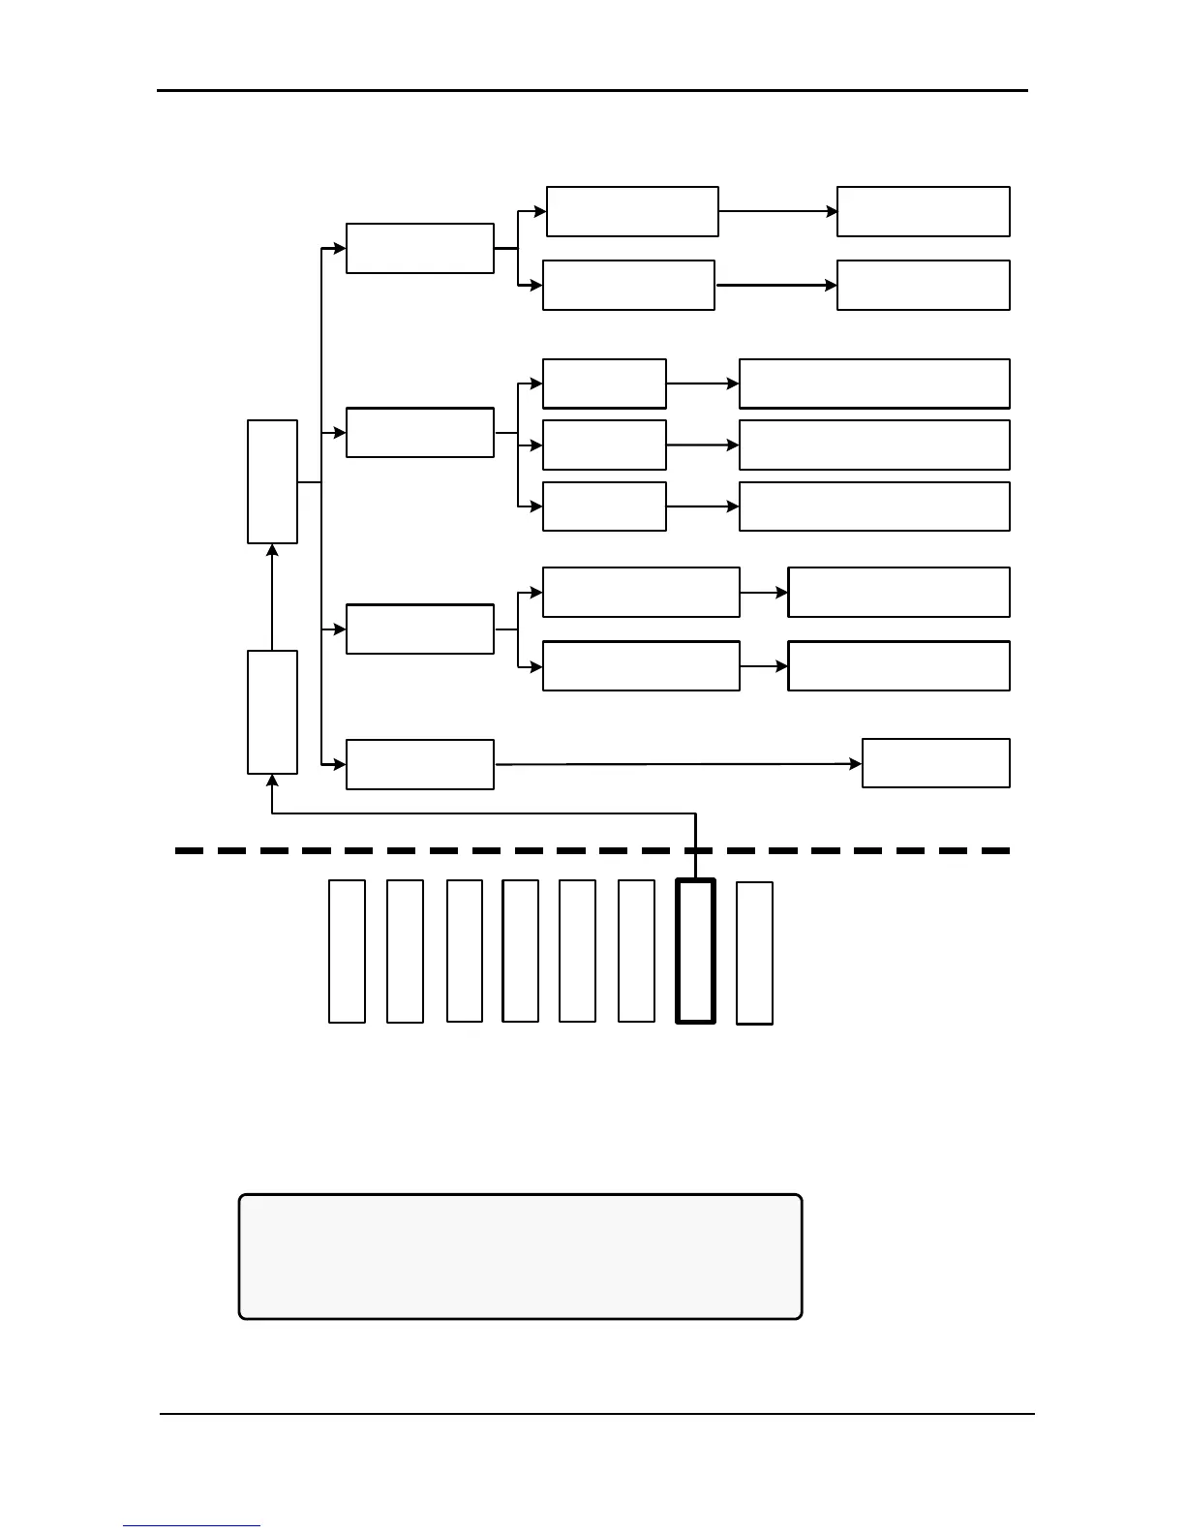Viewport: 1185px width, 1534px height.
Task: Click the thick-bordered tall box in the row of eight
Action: (x=695, y=951)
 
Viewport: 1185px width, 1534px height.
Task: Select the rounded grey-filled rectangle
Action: (x=521, y=1256)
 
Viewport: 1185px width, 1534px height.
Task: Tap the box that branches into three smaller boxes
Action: (x=420, y=433)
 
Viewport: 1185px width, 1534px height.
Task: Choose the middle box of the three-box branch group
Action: (x=604, y=445)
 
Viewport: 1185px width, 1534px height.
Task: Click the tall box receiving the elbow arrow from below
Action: (x=272, y=712)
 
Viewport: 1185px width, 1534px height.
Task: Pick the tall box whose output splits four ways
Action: (x=272, y=481)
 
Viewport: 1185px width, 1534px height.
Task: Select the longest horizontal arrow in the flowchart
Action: (x=678, y=764)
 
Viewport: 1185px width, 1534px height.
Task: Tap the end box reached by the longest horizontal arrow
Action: (x=935, y=763)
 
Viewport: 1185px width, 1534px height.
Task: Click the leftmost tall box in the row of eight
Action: (x=347, y=951)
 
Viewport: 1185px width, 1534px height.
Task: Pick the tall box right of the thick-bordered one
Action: (x=754, y=952)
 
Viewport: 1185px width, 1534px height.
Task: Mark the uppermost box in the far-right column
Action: (x=923, y=211)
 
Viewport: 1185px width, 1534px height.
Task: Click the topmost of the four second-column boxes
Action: (x=420, y=249)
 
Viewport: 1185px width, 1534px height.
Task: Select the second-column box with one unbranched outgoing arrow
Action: (x=420, y=764)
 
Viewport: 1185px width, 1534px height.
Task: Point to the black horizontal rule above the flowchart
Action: (x=592, y=91)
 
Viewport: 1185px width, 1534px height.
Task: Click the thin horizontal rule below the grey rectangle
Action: (x=596, y=1414)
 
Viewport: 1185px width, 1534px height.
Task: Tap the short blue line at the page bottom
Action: (x=192, y=1525)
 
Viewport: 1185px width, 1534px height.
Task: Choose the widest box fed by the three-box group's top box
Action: (x=874, y=383)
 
